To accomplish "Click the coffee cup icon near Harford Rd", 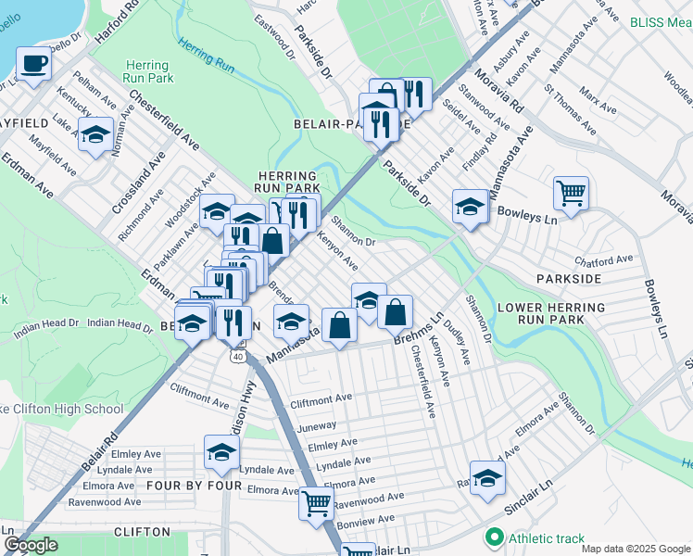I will pos(34,65).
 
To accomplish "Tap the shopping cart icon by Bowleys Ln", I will pos(571,195).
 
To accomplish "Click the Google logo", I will pos(31,545).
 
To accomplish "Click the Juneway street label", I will pos(317,428).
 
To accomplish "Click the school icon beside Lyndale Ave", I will pos(221,453).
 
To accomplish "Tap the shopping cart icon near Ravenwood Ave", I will pos(316,503).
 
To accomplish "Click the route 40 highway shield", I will pos(239,356).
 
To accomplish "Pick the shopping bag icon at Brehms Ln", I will pos(395,313).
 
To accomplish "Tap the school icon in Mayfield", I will pos(95,135).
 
